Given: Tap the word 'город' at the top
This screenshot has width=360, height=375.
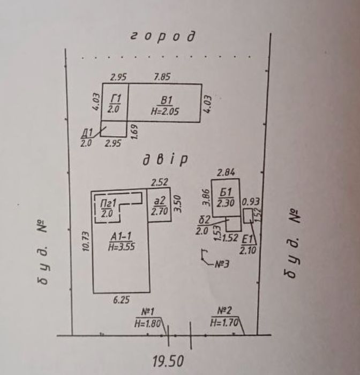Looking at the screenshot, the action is pyautogui.click(x=163, y=36).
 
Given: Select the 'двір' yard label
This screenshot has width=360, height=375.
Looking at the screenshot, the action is pyautogui.click(x=165, y=160).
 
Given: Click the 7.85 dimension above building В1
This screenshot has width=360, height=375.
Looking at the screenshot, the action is pyautogui.click(x=162, y=77).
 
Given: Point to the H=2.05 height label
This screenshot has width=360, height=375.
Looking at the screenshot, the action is pyautogui.click(x=165, y=111).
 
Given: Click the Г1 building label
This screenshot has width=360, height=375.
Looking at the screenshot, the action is pyautogui.click(x=116, y=99).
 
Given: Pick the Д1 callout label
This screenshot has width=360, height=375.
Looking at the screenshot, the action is pyautogui.click(x=87, y=133).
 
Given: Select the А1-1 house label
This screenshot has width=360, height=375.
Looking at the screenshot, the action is pyautogui.click(x=121, y=237).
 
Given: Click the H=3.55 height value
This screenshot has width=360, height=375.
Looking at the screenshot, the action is pyautogui.click(x=122, y=246).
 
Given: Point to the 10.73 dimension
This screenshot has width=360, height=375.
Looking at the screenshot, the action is pyautogui.click(x=86, y=241).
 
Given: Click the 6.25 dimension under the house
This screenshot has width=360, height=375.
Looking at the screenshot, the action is pyautogui.click(x=121, y=299).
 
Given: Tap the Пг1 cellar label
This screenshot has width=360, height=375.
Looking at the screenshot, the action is pyautogui.click(x=108, y=204).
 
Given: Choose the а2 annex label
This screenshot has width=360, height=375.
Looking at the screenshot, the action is pyautogui.click(x=159, y=201).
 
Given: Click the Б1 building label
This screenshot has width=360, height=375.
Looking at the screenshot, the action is pyautogui.click(x=226, y=192).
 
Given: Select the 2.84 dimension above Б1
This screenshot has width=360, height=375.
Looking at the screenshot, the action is pyautogui.click(x=226, y=172).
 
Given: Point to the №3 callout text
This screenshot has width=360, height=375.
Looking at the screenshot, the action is pyautogui.click(x=222, y=264).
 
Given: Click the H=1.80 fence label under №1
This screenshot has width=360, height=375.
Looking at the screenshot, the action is pyautogui.click(x=147, y=324).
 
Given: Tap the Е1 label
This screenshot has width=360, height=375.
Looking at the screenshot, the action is pyautogui.click(x=247, y=239).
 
